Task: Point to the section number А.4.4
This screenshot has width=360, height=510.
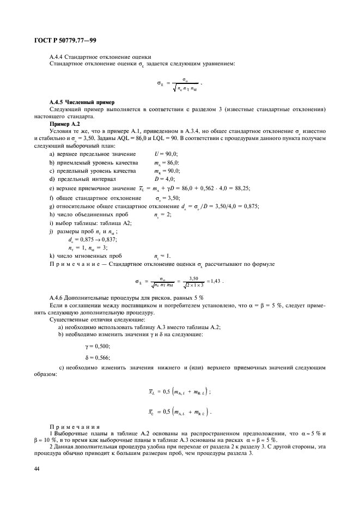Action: coord(58,57)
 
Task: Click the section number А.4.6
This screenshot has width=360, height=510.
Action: coord(58,298)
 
